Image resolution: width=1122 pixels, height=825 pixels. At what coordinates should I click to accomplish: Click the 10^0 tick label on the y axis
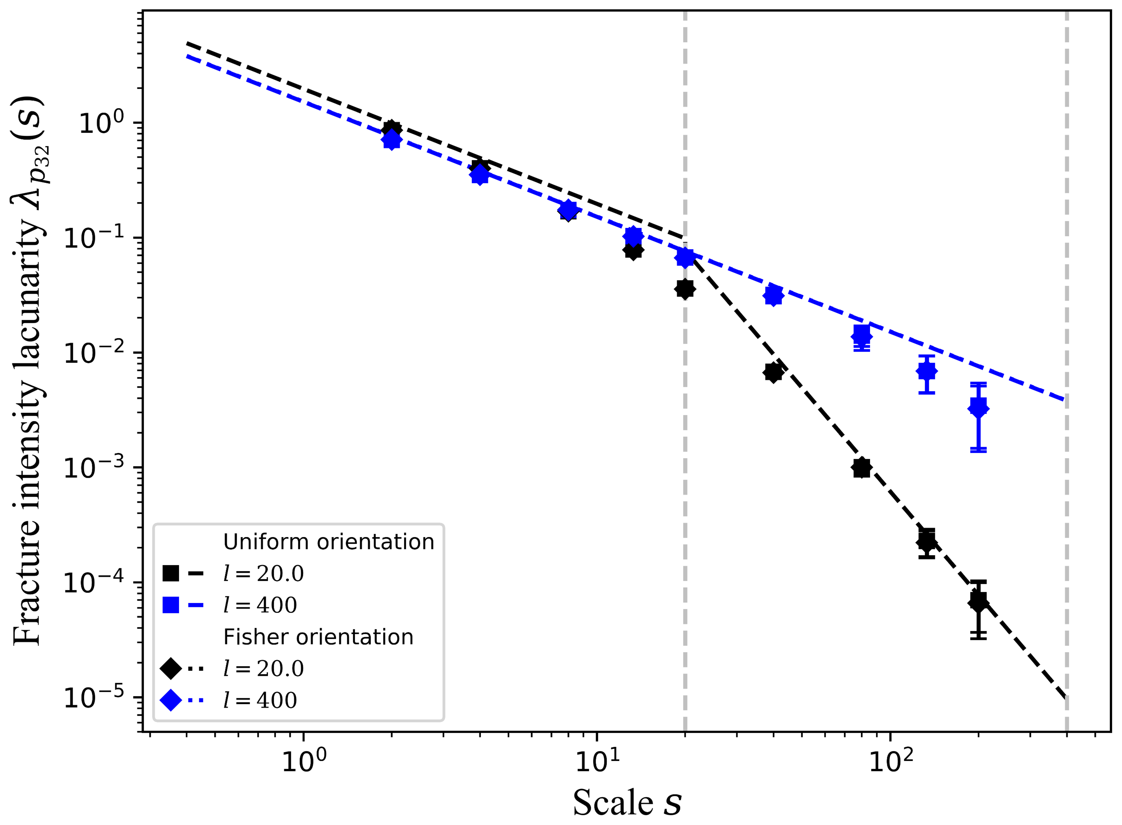coord(101,122)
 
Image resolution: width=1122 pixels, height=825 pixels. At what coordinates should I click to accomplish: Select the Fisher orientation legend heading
coord(318,637)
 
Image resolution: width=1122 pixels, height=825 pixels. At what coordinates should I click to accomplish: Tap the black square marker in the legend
coord(171,573)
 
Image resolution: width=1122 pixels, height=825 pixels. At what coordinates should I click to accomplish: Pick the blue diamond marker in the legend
coord(171,700)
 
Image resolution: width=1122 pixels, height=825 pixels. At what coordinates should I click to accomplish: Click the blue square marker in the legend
coord(171,605)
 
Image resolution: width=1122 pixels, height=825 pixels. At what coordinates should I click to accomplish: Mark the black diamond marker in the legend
coord(171,668)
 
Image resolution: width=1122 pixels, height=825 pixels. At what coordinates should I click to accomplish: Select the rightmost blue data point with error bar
coord(978,407)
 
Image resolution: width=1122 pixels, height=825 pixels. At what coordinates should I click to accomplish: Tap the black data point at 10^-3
coord(861,468)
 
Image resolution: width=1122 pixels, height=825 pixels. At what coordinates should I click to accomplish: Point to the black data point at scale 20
coord(685,289)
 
